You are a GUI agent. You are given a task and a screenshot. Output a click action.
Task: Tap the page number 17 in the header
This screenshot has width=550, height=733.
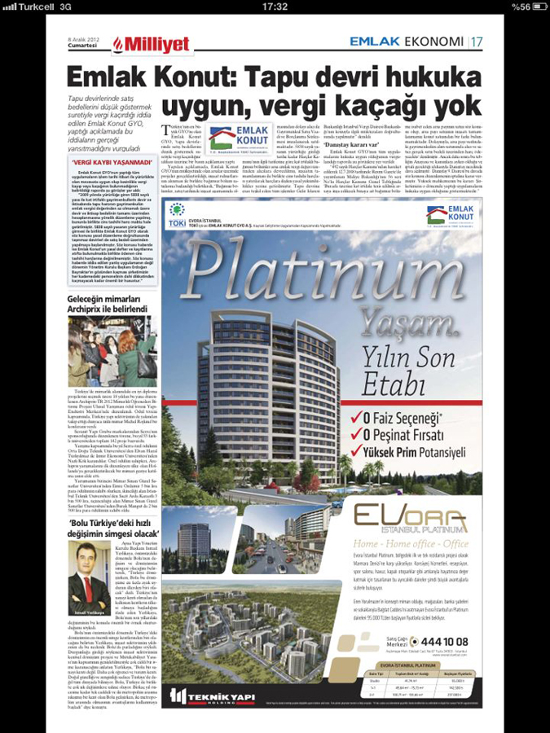click(x=475, y=41)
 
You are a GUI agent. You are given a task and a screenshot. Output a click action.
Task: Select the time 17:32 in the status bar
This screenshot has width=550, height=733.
click(x=275, y=7)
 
